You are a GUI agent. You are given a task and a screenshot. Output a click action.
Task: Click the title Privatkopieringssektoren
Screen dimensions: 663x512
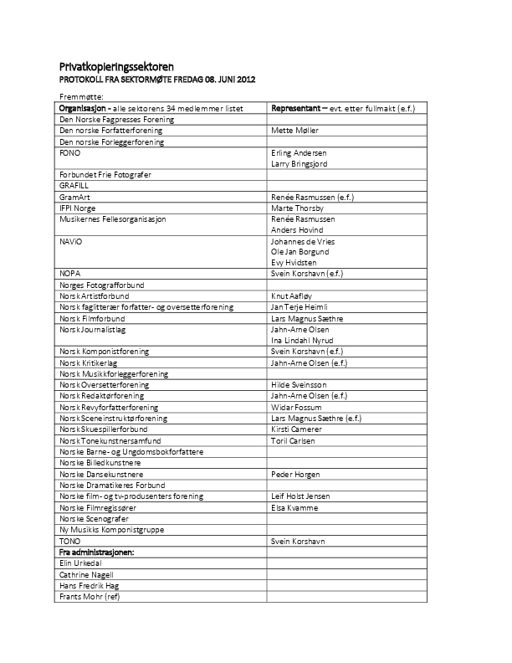[x=128, y=67]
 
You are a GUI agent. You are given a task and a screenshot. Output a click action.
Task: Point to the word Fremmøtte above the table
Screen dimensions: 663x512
[x=81, y=98]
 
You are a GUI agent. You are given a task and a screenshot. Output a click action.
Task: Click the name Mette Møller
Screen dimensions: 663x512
[x=295, y=131]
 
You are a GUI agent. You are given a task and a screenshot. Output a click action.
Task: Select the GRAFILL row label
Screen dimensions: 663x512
[x=74, y=185]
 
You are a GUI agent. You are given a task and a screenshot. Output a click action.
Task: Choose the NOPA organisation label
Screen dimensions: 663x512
[x=70, y=274]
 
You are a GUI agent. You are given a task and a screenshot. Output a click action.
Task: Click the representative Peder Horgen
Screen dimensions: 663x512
[x=296, y=474]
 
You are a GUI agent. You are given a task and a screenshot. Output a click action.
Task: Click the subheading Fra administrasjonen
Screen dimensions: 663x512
[x=97, y=552]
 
